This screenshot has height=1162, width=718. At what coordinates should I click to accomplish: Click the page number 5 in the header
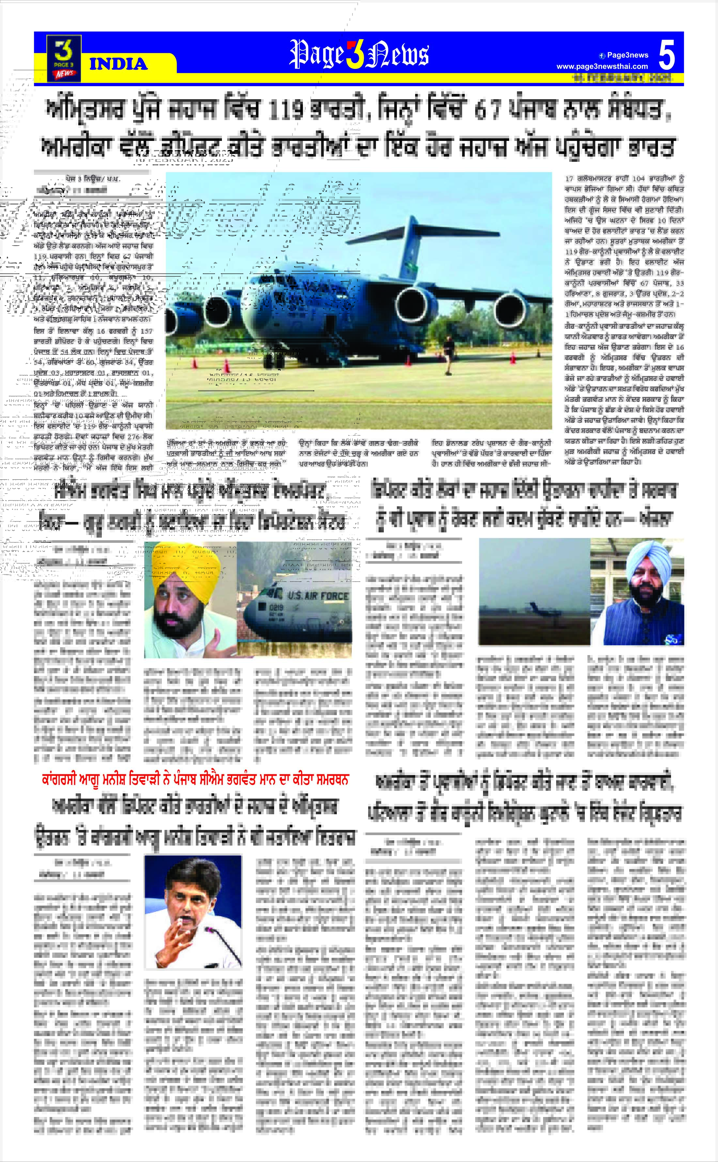click(667, 55)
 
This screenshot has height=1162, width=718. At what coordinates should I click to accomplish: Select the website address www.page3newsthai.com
click(602, 67)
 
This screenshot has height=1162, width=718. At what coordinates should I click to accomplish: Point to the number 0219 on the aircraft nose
click(276, 607)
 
